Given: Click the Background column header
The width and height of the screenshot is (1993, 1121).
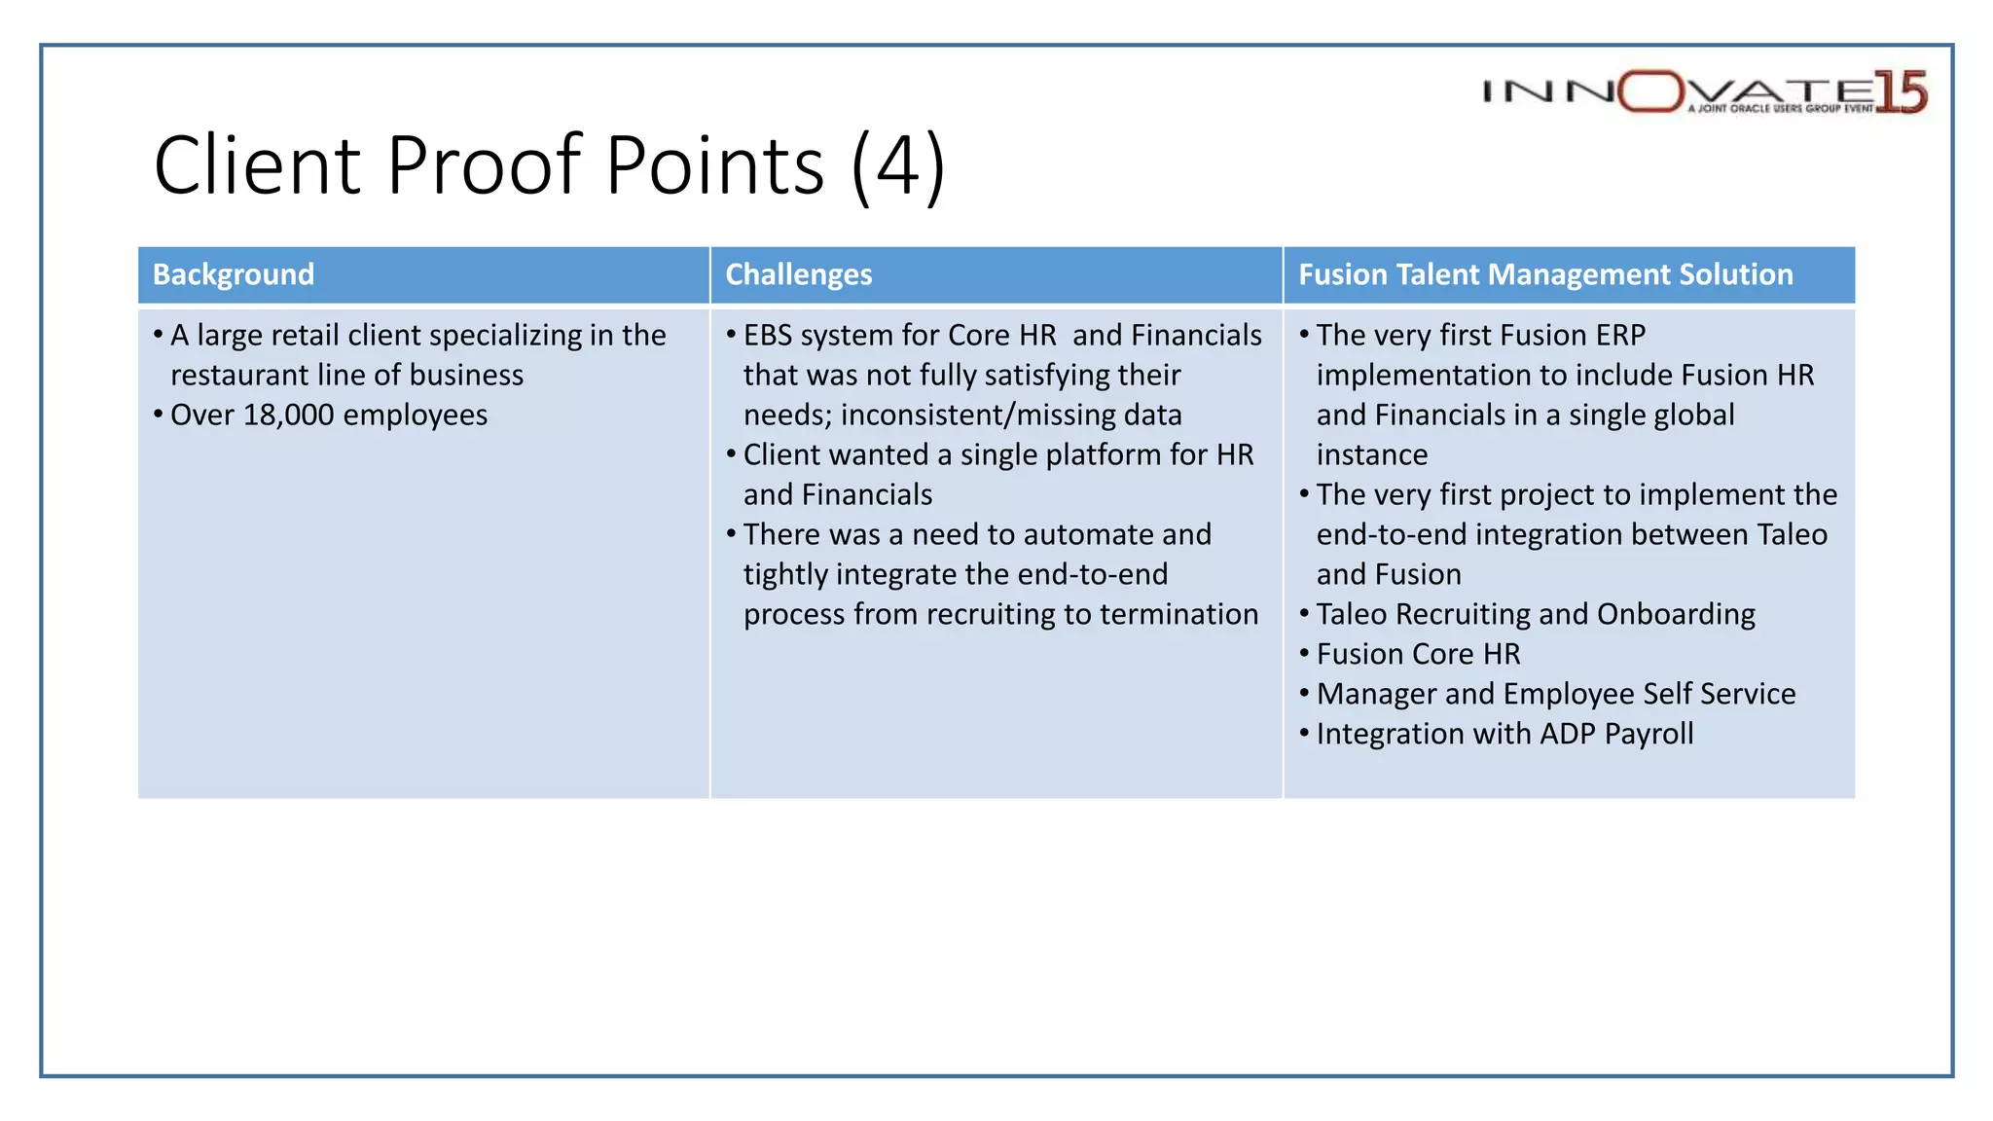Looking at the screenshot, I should coord(234,274).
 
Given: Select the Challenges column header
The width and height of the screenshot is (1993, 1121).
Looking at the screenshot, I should coord(799,274).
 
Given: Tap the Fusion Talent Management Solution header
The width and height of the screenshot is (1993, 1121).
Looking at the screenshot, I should coord(1545,274).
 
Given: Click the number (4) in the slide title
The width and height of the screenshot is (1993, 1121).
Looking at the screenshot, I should coord(897,165).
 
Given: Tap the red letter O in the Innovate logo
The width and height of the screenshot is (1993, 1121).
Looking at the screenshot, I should coord(1651,91).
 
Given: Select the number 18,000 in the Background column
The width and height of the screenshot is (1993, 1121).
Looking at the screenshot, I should coord(289,416).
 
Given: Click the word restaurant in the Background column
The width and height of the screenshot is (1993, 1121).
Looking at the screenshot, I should coord(238,376).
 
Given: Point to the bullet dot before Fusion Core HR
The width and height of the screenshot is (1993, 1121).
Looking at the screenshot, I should coord(1304,654).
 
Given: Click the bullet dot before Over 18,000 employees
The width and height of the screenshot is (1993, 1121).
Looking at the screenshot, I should coord(158,416).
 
